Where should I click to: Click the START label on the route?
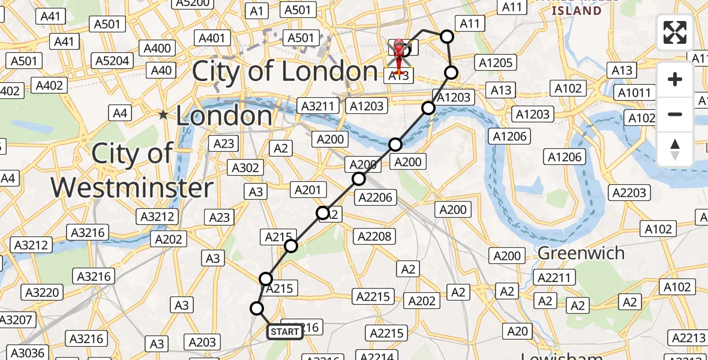pyautogui.click(x=284, y=331)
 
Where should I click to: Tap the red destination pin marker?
pyautogui.click(x=398, y=55)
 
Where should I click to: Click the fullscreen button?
pyautogui.click(x=675, y=32)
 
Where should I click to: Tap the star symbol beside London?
pyautogui.click(x=163, y=115)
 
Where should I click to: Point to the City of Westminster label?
pyautogui.click(x=132, y=171)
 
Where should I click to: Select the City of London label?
pyautogui.click(x=284, y=72)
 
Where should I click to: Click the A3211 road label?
pyautogui.click(x=318, y=106)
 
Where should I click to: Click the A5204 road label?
pyautogui.click(x=112, y=60)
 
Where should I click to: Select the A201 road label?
pyautogui.click(x=309, y=190)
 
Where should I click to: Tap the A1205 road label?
pyautogui.click(x=494, y=62)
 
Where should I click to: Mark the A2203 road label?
pyautogui.click(x=628, y=193)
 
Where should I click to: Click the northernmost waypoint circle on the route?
pyautogui.click(x=446, y=37)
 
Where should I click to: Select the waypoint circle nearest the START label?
pyautogui.click(x=257, y=308)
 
